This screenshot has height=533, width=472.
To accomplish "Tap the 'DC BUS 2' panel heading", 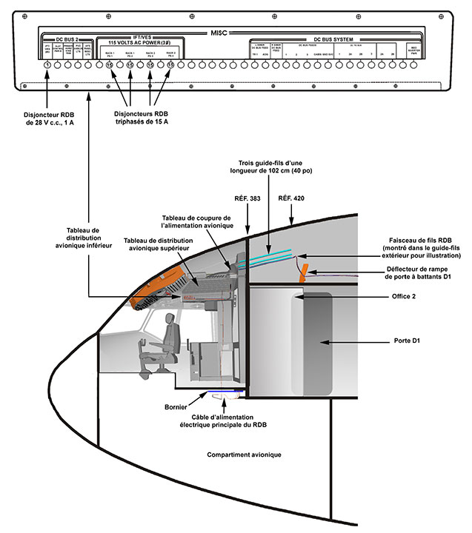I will pos(66,38).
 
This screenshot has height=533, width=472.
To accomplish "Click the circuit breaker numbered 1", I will pos(47,66).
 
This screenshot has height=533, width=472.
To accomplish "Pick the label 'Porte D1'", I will pos(408,343).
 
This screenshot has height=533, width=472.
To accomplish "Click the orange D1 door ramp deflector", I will pos(303,275).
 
